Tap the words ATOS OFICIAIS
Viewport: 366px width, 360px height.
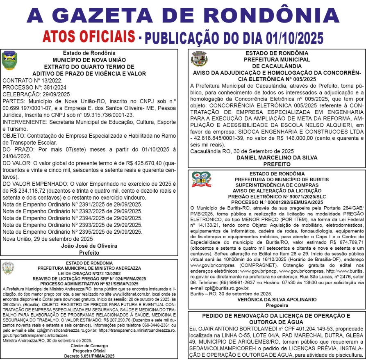pos(89,36)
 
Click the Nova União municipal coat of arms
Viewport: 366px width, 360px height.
pos(9,60)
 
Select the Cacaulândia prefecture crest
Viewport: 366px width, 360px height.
pos(199,59)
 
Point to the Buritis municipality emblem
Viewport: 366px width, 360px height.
pos(201,179)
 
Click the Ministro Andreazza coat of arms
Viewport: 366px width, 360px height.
pos(8,268)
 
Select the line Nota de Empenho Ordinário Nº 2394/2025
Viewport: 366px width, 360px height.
pos(72,218)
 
